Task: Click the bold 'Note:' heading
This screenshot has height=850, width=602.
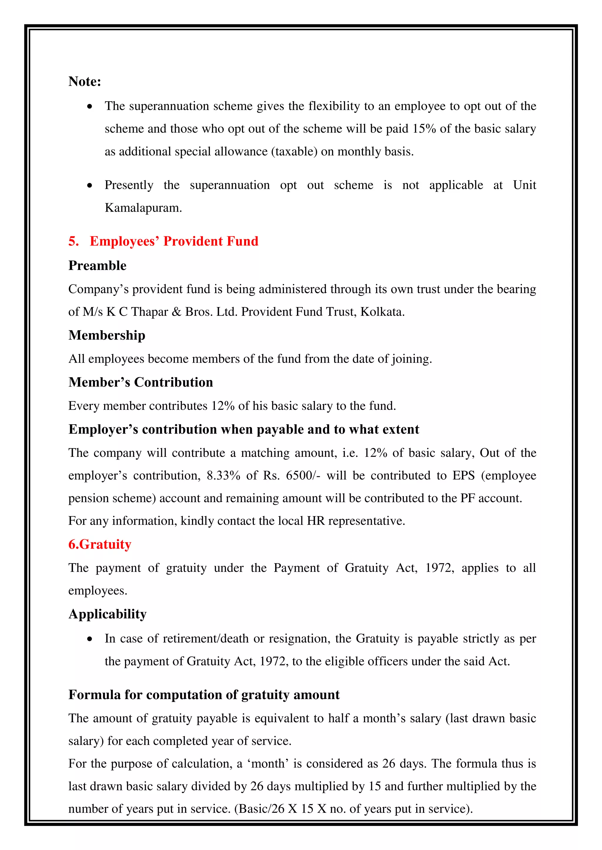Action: (85, 81)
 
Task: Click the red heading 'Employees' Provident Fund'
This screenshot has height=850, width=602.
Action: (174, 241)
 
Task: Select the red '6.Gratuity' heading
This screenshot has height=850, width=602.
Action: (100, 545)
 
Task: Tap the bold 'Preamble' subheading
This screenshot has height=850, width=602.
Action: (97, 266)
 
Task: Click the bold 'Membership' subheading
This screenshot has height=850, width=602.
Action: (107, 335)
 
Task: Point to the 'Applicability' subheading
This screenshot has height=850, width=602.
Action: (108, 614)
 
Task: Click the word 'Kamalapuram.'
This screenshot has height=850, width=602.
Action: (143, 208)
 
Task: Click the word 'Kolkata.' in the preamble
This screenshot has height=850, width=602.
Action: (382, 312)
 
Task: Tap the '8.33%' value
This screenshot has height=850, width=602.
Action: (223, 476)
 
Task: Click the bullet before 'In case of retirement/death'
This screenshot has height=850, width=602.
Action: (90, 639)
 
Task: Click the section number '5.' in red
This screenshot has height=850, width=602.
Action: (73, 241)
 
